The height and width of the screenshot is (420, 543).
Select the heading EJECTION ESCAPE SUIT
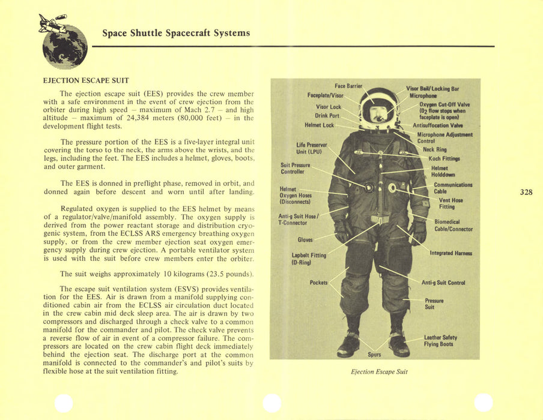[86, 80]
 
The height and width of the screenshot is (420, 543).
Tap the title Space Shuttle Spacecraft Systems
[175, 33]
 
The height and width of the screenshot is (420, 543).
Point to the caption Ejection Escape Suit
[379, 371]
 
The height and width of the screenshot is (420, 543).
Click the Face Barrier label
[348, 86]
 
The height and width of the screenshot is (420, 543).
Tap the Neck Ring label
[434, 149]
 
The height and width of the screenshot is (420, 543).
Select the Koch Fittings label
[444, 158]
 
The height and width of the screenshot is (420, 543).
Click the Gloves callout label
[305, 240]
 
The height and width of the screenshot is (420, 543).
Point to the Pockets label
[318, 282]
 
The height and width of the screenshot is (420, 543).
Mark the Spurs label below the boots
[374, 354]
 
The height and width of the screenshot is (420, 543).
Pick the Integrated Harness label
[450, 253]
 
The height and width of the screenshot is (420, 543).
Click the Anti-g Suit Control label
[443, 282]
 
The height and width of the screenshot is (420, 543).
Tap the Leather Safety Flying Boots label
[440, 341]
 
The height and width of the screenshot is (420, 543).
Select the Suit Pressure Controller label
[295, 168]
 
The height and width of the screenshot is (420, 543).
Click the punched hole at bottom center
[272, 403]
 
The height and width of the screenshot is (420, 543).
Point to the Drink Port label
[327, 116]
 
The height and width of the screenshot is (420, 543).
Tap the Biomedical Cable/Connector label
[453, 225]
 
